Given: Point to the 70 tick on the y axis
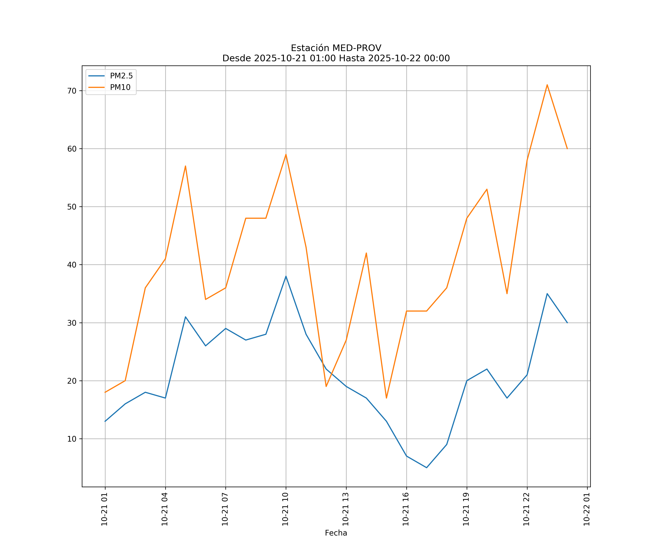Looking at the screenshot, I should point(72,91).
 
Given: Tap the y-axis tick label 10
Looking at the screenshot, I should point(72,439).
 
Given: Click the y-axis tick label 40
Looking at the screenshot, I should point(72,265).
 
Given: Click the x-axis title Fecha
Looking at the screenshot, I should point(336,533).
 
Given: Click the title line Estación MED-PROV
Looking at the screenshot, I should point(336,48).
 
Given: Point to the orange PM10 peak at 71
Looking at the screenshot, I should point(547,85).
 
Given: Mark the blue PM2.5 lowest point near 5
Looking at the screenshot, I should point(426,468).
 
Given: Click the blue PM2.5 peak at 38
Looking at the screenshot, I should point(286,276).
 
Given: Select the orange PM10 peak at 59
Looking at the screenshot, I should point(286,154).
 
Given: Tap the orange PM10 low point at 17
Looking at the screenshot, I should point(386,398).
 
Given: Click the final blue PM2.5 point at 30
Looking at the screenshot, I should point(567,323).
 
